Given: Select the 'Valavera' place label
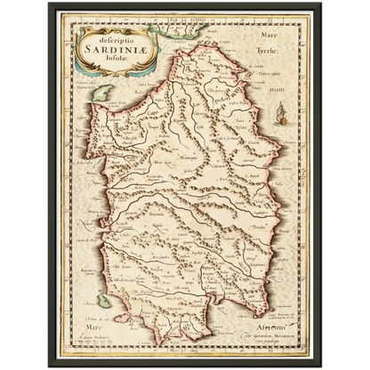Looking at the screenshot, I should coord(233,165).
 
